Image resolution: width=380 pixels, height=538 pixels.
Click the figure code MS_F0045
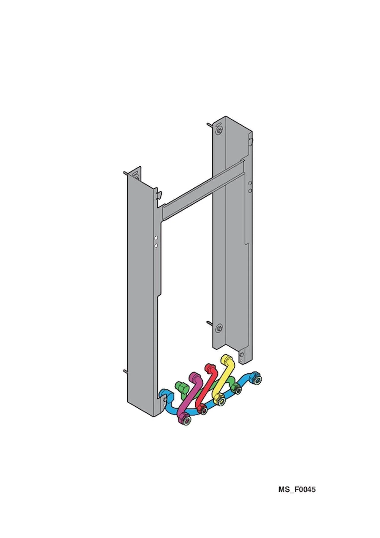pyautogui.click(x=297, y=489)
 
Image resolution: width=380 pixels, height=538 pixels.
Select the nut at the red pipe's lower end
pyautogui.click(x=203, y=409)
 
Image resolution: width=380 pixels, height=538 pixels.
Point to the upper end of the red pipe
pyautogui.click(x=211, y=368)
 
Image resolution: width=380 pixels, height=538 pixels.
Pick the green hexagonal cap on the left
pyautogui.click(x=181, y=387)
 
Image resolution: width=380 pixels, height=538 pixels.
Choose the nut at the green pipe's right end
pyautogui.click(x=237, y=388)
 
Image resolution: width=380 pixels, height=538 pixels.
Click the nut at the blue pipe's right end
pyautogui.click(x=256, y=378)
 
